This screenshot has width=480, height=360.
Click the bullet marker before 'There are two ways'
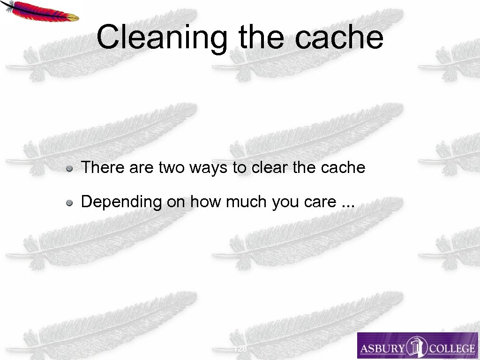69,168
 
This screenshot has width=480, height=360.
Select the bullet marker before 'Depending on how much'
69,202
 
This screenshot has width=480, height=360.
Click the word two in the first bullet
172,167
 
